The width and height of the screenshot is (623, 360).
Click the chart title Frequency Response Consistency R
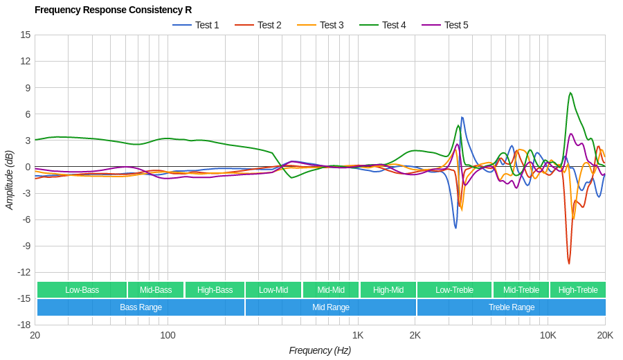click(x=113, y=10)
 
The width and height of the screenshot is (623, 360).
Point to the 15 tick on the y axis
click(x=25, y=35)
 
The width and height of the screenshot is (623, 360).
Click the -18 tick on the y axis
click(x=24, y=325)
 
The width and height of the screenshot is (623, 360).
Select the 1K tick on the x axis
click(x=357, y=335)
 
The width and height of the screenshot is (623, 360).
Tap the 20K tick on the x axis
click(x=605, y=335)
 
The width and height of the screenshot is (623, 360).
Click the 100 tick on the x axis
click(x=168, y=335)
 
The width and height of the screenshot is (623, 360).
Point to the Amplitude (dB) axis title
click(x=10, y=180)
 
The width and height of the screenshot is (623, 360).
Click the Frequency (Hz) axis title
click(x=320, y=350)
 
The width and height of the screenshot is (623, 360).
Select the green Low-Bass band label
click(x=82, y=290)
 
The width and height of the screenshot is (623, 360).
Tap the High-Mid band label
click(x=388, y=290)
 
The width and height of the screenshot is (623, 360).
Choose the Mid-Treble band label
click(x=521, y=290)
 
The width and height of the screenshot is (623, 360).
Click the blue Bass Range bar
click(x=141, y=307)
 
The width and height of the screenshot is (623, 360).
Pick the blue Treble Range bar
click(x=511, y=307)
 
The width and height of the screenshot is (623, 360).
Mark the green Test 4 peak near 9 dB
click(x=570, y=93)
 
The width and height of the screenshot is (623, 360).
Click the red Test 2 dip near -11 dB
click(x=569, y=263)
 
